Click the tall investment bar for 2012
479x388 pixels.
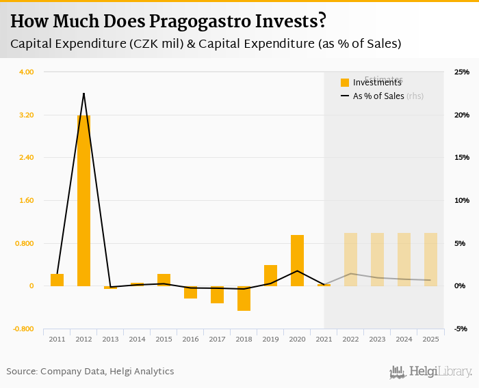[83, 201]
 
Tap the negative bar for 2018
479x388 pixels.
[244, 299]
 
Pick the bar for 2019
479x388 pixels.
[270, 275]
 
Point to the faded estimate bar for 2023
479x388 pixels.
[377, 260]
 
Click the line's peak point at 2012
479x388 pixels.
[83, 93]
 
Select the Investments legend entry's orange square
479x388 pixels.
[345, 83]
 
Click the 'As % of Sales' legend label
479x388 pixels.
[378, 96]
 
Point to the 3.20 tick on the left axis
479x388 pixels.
[25, 115]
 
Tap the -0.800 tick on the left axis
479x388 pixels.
[24, 329]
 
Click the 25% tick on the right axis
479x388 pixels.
[461, 72]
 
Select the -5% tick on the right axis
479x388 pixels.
[461, 329]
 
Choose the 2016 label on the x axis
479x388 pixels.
[190, 339]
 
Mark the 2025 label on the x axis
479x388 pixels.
[430, 339]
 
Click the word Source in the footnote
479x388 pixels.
[22, 372]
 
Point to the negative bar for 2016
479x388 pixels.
[190, 292]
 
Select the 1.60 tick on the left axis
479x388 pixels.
[25, 201]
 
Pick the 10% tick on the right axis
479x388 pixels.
[461, 201]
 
